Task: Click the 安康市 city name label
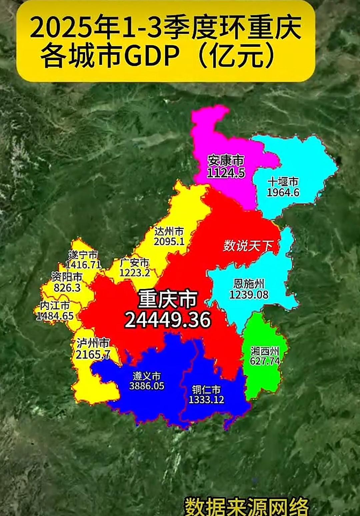[x=226, y=161]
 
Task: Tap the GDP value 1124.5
[x=226, y=173]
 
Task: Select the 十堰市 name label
[x=283, y=182]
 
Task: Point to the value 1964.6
[x=283, y=192]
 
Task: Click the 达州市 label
[x=169, y=231]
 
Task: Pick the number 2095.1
[x=169, y=241]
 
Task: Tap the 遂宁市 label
[x=83, y=255]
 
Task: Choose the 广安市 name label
[x=135, y=263]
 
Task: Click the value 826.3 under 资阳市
[x=67, y=287]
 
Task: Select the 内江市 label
[x=55, y=305]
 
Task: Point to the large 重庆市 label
[x=168, y=299]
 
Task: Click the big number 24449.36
[x=168, y=320]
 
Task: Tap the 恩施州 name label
[x=249, y=284]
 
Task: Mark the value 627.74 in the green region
[x=265, y=361]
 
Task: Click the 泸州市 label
[x=93, y=343]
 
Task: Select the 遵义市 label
[x=147, y=376]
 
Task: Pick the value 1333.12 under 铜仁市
[x=206, y=399]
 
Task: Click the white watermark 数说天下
[x=248, y=246]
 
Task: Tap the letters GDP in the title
[x=152, y=55]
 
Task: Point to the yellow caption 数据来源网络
[x=247, y=507]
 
